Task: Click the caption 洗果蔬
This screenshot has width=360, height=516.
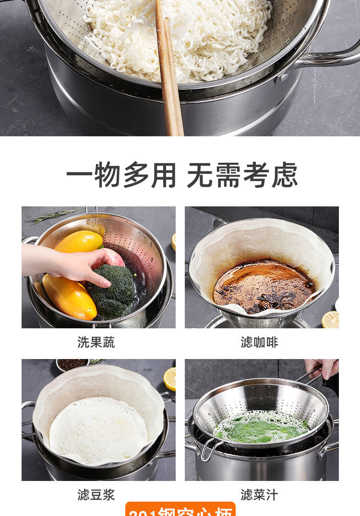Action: [96, 342]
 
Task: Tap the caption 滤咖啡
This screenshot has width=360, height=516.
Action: [259, 342]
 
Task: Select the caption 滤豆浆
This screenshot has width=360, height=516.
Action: [96, 495]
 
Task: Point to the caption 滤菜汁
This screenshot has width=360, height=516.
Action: [259, 495]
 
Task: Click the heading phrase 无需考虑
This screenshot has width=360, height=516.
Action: [242, 175]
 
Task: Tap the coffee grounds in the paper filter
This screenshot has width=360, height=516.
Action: [263, 286]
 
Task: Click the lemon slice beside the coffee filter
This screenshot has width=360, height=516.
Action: [330, 320]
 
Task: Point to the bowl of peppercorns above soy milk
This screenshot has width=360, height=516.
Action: [72, 364]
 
